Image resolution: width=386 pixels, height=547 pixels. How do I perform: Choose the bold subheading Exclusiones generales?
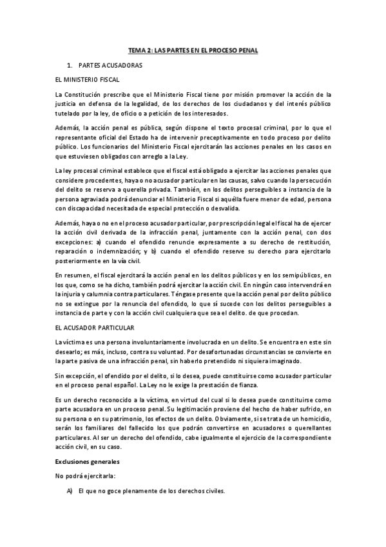point(88,462)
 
